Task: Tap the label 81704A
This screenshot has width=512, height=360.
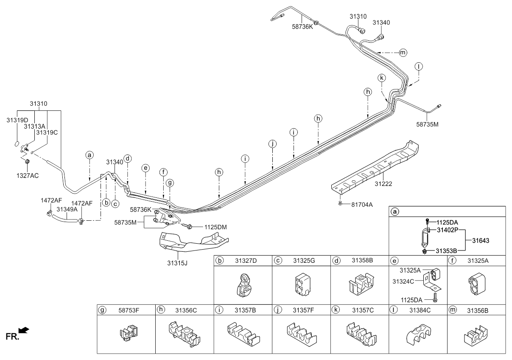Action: pyautogui.click(x=361, y=204)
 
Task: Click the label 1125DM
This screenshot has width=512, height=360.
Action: pyautogui.click(x=215, y=227)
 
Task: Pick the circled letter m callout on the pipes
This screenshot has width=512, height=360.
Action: pyautogui.click(x=403, y=53)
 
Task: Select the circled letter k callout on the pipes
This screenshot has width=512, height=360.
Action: pyautogui.click(x=382, y=78)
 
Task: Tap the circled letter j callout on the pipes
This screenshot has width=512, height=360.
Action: pyautogui.click(x=272, y=144)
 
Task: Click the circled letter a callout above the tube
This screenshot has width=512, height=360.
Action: pyautogui.click(x=89, y=155)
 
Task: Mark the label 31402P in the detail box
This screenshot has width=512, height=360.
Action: pyautogui.click(x=448, y=230)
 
